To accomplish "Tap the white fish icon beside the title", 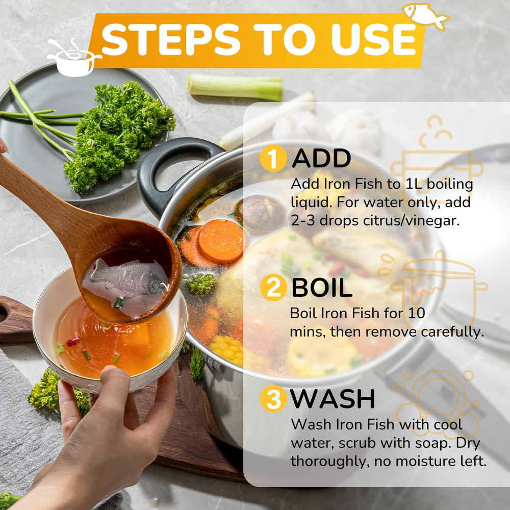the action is point(425,16).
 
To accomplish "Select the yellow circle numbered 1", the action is point(273,158).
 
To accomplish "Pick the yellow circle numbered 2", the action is point(273,288).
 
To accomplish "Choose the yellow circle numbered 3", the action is point(273,398).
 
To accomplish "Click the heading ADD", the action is point(321,159).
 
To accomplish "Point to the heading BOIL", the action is point(321,288).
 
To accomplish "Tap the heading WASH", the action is point(333,399).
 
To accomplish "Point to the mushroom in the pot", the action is point(260,213).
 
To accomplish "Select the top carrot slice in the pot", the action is point(221,241).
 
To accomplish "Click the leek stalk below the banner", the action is point(235,87).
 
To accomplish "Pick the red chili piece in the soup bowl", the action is point(73,341).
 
